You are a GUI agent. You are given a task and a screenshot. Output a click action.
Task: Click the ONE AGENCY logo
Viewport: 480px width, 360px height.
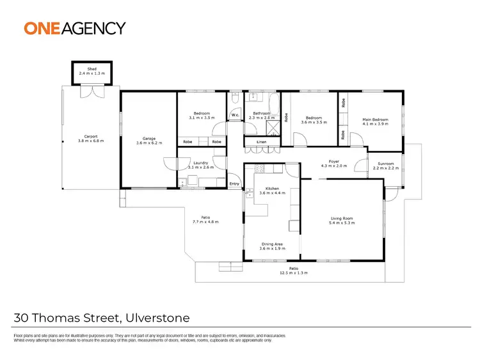(75, 28)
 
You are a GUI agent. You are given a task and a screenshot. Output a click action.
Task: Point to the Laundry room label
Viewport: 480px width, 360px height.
(202, 162)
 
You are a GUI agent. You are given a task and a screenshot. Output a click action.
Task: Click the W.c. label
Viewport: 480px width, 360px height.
(235, 116)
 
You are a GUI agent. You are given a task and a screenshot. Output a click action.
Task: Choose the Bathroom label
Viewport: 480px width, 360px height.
(261, 114)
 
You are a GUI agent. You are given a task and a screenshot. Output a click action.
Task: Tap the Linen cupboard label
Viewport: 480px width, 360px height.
(261, 141)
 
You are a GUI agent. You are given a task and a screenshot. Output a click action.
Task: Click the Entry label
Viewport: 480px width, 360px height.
(234, 184)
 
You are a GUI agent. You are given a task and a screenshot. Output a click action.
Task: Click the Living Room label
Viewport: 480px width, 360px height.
(342, 219)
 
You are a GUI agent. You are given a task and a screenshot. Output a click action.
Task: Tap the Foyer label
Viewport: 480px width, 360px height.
(333, 162)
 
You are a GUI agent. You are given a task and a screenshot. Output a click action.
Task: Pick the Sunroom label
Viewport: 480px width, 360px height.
(385, 164)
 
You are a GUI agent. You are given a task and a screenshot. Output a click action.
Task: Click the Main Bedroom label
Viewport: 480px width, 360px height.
(374, 119)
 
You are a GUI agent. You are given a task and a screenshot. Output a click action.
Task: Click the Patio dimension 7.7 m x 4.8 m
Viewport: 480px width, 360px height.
(205, 223)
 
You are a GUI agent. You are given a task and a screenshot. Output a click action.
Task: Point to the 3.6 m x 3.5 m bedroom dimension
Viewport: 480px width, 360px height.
(313, 121)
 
